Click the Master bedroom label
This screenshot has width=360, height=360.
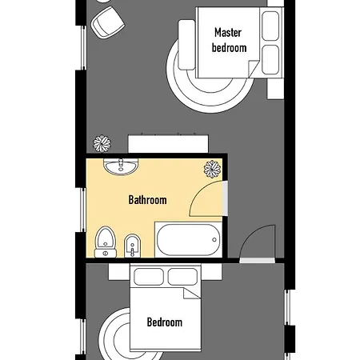pos(229,40)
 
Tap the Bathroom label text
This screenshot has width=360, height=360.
pos(147,200)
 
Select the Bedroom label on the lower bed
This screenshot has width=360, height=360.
pos(165,322)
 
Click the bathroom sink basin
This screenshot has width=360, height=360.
pos(121,166)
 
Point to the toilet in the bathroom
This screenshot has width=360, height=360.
pos(106,242)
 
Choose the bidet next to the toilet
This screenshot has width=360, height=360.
pos(132,246)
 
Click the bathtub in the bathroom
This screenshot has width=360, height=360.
pos(188,239)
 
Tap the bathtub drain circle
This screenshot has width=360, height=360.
pos(214,240)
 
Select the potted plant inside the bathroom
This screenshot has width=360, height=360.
pos(212,169)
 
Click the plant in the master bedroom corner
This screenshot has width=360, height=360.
pos(102,144)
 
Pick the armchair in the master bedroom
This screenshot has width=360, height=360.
pos(108,23)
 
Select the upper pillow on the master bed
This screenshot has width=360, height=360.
pos(270,26)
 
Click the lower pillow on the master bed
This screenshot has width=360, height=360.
pos(270,60)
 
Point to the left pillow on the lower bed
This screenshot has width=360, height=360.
pos(149,277)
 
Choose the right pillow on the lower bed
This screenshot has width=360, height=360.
pos(182,277)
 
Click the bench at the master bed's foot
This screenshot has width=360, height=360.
pos(186,45)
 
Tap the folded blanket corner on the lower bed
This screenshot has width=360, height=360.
pos(190,293)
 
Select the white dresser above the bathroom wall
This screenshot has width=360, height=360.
pos(168,144)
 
